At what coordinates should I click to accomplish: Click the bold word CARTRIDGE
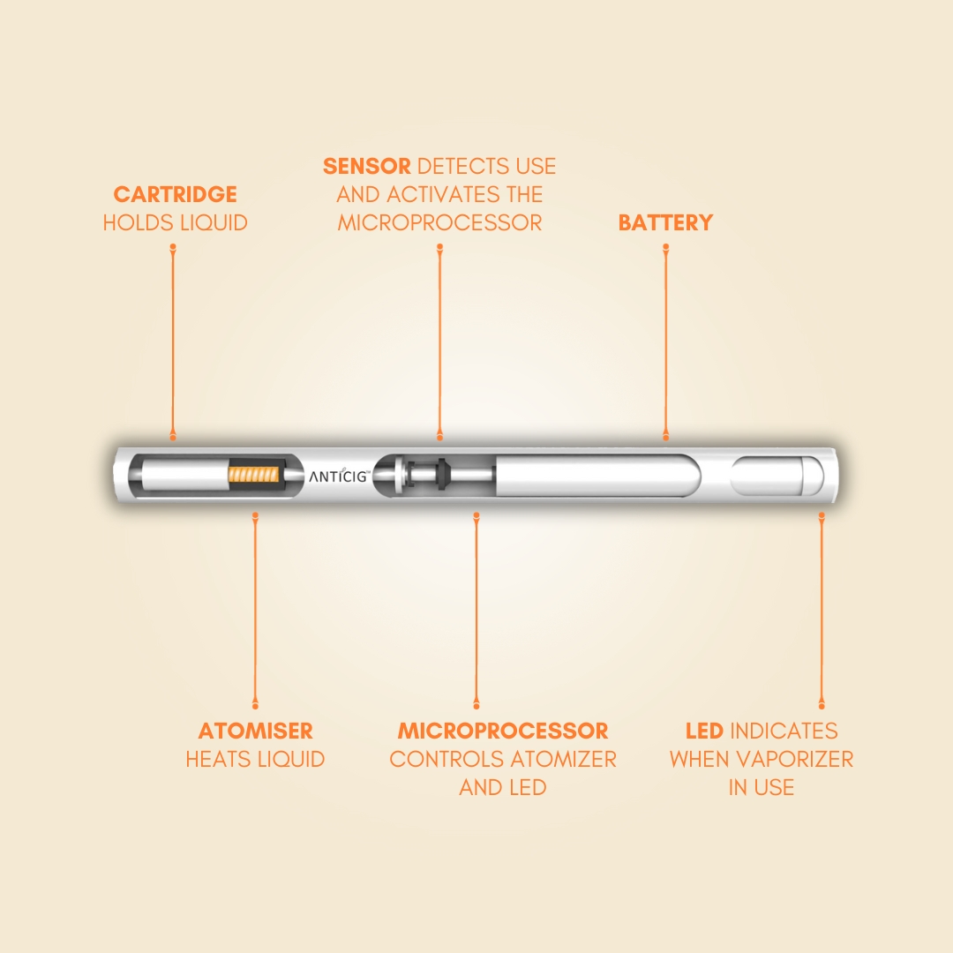175,194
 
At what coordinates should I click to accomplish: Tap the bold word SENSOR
366,166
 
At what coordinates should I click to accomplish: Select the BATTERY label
665,222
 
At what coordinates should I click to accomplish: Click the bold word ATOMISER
255,731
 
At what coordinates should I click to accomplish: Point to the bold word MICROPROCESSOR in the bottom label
503,731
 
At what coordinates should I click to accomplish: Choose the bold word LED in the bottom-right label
704,731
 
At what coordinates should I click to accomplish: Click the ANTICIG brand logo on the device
339,476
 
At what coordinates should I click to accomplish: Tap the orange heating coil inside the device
254,474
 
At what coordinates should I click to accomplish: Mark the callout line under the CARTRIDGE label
173,342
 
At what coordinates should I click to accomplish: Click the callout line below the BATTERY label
666,342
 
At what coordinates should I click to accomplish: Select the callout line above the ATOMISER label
255,611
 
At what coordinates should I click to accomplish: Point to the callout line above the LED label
822,611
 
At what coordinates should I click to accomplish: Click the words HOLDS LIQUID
175,223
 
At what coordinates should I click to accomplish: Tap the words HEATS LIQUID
255,759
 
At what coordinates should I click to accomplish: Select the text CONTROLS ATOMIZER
503,759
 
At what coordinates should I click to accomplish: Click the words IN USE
761,788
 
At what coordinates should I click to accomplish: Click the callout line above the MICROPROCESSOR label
476,611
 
